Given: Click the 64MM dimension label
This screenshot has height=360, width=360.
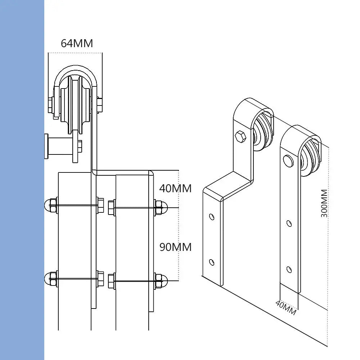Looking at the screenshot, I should point(77,43).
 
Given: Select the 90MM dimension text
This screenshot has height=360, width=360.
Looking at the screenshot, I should point(175,247).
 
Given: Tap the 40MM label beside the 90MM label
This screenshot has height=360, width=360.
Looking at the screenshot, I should point(175,188).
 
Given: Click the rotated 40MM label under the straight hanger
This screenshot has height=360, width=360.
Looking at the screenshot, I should point(286,307).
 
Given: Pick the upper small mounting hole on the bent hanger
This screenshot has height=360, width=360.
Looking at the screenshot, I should point(212,217).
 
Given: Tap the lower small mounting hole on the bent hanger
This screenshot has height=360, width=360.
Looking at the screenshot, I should point(212,262).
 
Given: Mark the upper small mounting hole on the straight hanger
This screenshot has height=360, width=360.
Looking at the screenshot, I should point(289,223).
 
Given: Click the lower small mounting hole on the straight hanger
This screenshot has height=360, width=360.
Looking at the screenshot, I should point(289,269).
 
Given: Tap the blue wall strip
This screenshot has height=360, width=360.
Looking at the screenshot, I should point(22,180).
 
